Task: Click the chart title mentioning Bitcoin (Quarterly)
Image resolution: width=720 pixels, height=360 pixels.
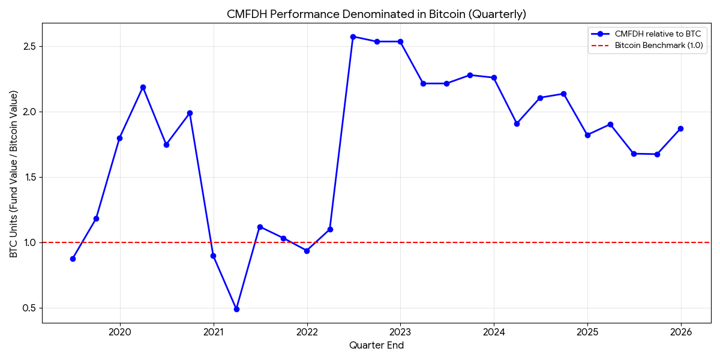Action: [376, 14]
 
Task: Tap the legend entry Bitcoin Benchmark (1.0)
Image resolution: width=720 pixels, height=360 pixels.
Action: [658, 46]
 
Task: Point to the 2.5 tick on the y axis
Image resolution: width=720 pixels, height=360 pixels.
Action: [29, 47]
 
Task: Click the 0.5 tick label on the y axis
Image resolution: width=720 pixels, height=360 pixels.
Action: [29, 308]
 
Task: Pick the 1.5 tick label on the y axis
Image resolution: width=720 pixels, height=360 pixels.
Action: [29, 178]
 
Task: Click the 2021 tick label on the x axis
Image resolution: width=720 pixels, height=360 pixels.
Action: [214, 331]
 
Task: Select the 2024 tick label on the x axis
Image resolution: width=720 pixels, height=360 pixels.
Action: [494, 331]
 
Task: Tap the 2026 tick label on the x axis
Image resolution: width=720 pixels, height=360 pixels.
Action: [681, 331]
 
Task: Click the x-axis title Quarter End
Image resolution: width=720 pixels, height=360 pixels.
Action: [376, 346]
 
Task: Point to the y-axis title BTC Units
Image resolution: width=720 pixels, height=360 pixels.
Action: [14, 174]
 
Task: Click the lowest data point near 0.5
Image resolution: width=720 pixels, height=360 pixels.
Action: [236, 309]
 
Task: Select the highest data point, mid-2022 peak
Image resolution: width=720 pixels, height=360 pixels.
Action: [353, 37]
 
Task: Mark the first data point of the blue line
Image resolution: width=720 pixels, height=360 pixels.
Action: [73, 259]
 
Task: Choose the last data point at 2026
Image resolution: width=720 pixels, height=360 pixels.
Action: [680, 128]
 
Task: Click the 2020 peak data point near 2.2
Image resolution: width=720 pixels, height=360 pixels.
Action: [143, 87]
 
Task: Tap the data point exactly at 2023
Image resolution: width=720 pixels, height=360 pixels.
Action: [400, 41]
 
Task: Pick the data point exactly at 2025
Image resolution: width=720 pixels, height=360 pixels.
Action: [587, 135]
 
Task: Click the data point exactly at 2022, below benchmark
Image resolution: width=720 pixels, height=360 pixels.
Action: [307, 251]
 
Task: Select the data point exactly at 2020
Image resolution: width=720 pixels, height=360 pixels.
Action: [119, 138]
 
